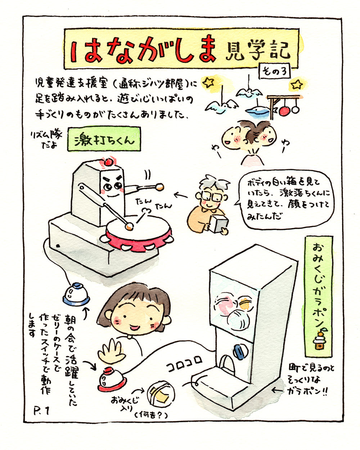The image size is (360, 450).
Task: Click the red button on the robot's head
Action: click(108, 162)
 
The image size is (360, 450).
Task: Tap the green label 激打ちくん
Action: click(104, 139)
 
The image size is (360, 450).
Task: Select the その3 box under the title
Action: click(275, 71)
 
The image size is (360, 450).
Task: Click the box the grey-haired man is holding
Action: click(219, 224)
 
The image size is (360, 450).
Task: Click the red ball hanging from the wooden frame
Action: click(284, 111)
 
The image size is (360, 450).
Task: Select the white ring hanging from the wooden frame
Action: click(295, 109)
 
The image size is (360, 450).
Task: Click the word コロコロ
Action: click(184, 366)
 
